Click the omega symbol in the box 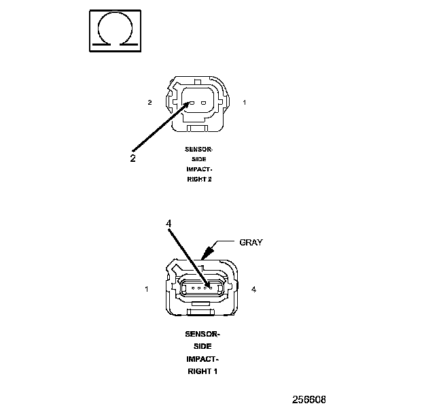pos(114,31)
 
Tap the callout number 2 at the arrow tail pos(133,158)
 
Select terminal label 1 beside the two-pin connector pos(245,103)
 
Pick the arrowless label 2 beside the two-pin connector pos(149,103)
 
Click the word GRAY pos(250,242)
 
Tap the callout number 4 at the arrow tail pos(169,222)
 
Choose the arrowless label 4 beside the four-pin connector pos(253,290)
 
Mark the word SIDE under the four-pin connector pos(202,347)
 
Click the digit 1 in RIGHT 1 pos(216,371)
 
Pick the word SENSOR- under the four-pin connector pos(202,335)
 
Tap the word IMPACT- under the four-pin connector pos(202,359)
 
